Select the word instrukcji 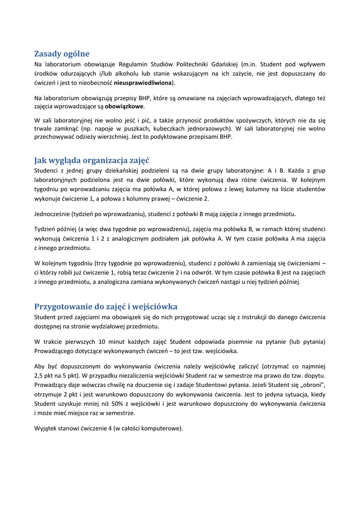[x=246, y=317]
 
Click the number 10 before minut [x=102, y=342]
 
